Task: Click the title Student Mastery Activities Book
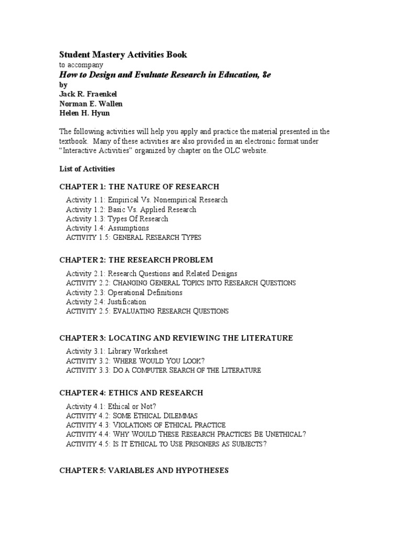(x=123, y=55)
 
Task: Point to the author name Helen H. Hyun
(x=85, y=113)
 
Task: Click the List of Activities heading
(x=87, y=169)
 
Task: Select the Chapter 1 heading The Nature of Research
(x=139, y=187)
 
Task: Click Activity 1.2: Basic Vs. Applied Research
(x=131, y=209)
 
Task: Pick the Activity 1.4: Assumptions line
(x=107, y=228)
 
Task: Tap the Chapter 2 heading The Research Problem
(x=136, y=260)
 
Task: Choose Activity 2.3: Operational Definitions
(x=124, y=293)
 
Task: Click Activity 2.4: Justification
(x=106, y=302)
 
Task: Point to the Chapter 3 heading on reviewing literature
(x=176, y=338)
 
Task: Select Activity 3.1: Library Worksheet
(x=116, y=351)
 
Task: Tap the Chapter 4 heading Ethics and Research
(x=131, y=393)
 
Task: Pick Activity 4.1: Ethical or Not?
(x=111, y=406)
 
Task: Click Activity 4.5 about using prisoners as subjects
(x=166, y=444)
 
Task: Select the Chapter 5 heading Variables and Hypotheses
(x=144, y=470)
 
